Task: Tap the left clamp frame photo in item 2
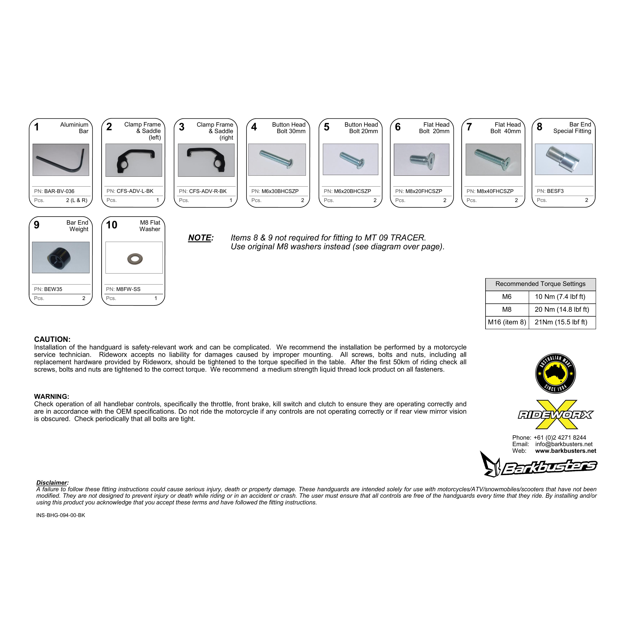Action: tap(134, 160)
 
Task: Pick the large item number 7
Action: tap(469, 127)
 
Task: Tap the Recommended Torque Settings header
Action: tap(540, 284)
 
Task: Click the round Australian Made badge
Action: tap(555, 374)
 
